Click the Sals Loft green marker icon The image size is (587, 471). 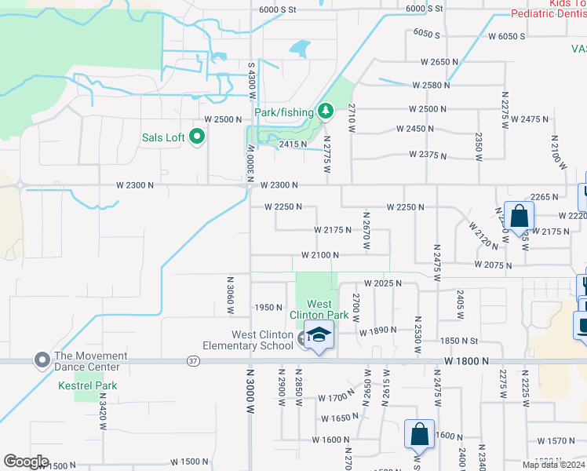tap(197, 137)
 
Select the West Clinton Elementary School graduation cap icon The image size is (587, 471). tap(319, 337)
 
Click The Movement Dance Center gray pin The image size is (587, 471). tap(42, 360)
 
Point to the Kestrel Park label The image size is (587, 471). tap(88, 385)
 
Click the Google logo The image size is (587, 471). tap(26, 462)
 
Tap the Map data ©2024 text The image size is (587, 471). tap(554, 465)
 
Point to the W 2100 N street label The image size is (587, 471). tap(320, 255)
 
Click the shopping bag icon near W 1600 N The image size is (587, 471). tap(419, 435)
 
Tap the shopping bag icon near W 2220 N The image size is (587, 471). tap(519, 215)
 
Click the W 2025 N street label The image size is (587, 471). tap(382, 283)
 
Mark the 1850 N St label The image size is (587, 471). tap(459, 340)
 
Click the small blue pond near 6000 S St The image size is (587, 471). tap(300, 49)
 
